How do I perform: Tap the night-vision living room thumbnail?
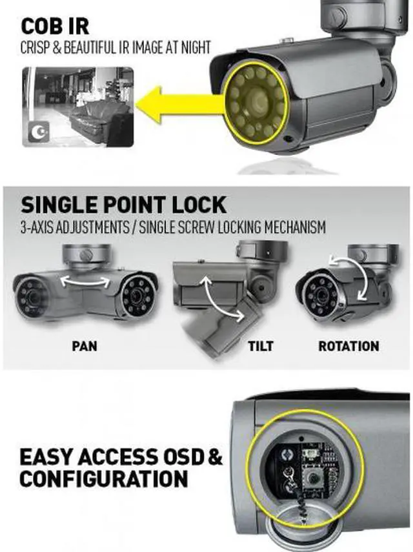pyautogui.click(x=78, y=107)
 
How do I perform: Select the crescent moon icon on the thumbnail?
pyautogui.click(x=38, y=133)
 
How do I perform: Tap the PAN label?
pyautogui.click(x=84, y=345)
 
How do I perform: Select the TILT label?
pyautogui.click(x=260, y=345)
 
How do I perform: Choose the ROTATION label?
pyautogui.click(x=349, y=345)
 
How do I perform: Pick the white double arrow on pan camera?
pyautogui.click(x=84, y=281)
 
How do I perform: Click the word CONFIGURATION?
pyautogui.click(x=104, y=479)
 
